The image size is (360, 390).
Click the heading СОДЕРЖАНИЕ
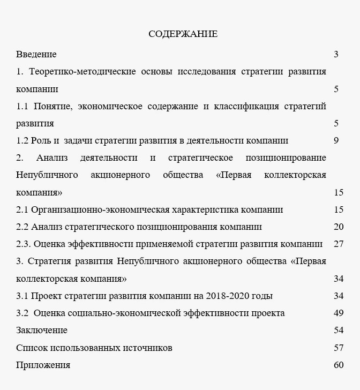pyautogui.click(x=183, y=34)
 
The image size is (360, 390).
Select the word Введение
pyautogui.click(x=36, y=54)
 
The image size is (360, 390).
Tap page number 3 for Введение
pyautogui.click(x=336, y=54)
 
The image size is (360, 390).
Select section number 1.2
pyautogui.click(x=22, y=141)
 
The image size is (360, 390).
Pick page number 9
pyautogui.click(x=336, y=141)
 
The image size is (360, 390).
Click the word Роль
pyautogui.click(x=42, y=141)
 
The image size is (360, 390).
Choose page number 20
pyautogui.click(x=338, y=227)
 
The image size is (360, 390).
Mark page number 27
pyautogui.click(x=338, y=244)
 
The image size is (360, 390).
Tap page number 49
pyautogui.click(x=338, y=313)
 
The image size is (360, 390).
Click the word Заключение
pyautogui.click(x=42, y=330)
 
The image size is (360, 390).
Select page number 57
pyautogui.click(x=338, y=348)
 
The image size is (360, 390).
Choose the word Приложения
pyautogui.click(x=43, y=365)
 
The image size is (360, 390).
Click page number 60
pyautogui.click(x=338, y=365)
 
